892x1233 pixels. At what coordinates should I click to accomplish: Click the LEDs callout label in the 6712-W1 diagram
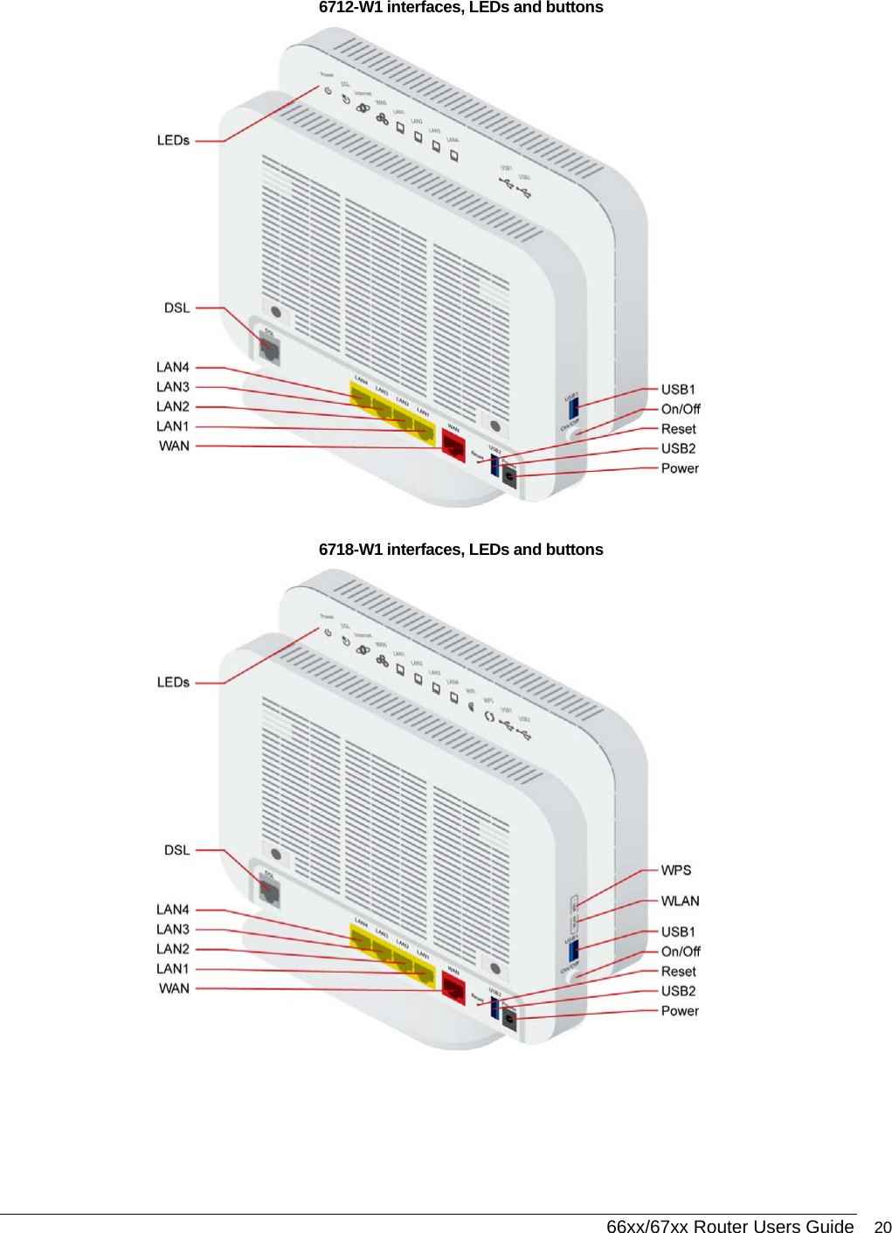pos(173,141)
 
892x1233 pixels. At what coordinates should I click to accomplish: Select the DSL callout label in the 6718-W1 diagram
pos(176,850)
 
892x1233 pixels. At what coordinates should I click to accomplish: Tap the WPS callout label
pos(676,870)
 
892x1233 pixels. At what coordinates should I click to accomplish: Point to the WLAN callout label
pos(680,901)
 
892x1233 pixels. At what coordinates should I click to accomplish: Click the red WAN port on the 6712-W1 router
pos(453,445)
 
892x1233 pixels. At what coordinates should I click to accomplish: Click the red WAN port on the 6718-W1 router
pos(453,988)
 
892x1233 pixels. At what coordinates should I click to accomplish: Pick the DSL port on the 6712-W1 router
pos(267,347)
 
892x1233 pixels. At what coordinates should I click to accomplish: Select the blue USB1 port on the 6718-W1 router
pos(573,949)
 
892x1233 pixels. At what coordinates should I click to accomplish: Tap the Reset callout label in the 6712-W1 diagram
pos(678,429)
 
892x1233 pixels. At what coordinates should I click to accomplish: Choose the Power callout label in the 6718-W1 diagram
pos(680,1011)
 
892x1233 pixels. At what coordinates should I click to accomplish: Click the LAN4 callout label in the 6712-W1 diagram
pos(173,367)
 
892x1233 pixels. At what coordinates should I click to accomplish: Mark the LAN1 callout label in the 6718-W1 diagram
pos(173,969)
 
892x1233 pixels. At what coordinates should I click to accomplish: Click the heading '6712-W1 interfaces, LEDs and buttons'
pos(460,8)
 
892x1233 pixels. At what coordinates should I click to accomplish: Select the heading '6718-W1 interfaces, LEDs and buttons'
pos(460,550)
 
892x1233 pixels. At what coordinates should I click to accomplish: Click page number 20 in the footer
pos(882,1227)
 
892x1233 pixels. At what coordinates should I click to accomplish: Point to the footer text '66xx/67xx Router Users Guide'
pos(730,1227)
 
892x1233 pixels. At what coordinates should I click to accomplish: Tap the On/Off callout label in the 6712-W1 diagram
pos(681,409)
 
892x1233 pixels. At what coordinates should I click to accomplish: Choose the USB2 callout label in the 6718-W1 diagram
pos(678,991)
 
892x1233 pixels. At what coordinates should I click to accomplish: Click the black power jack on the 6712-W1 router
pos(509,477)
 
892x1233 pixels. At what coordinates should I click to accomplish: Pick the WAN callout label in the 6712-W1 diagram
pos(174,447)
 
